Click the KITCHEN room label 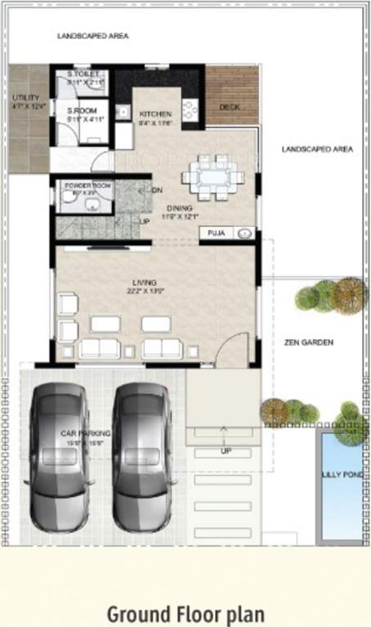154,113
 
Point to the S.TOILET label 83,74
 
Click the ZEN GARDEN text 308,343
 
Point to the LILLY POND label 340,474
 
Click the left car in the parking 59,457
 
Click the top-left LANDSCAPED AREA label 92,37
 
